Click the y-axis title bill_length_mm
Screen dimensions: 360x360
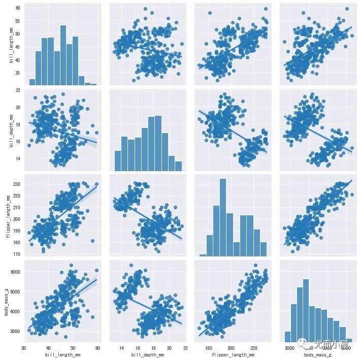tap(11, 45)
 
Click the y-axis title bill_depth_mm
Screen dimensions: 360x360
tap(11, 129)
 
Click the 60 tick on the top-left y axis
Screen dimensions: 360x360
tap(18, 9)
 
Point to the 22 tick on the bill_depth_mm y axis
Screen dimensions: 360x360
tap(18, 90)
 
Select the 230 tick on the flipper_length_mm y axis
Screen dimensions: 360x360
tap(16, 184)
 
